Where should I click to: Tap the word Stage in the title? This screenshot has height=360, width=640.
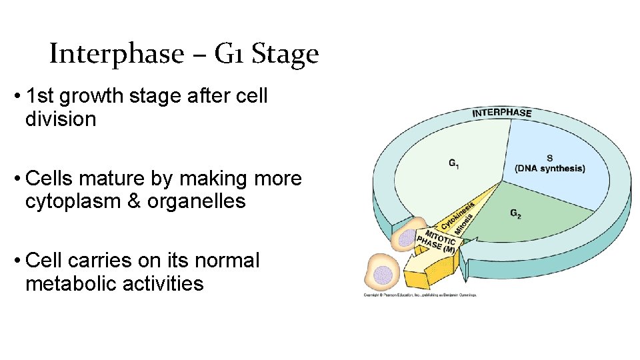[x=289, y=55]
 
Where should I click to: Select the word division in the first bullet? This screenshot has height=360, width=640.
[x=61, y=119]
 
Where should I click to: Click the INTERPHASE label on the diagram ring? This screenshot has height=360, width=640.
[x=501, y=112]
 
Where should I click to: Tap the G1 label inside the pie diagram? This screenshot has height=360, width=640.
[x=453, y=163]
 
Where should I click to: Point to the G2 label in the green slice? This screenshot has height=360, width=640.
[x=515, y=213]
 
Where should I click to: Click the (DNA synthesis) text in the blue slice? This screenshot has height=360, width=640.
[x=550, y=169]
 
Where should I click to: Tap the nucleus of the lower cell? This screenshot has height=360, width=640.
[x=382, y=274]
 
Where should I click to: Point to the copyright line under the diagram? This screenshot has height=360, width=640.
[x=420, y=294]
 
